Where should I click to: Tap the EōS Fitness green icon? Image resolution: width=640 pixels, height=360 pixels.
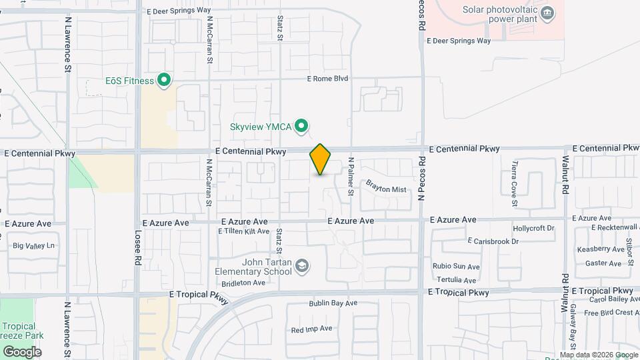point(164,81)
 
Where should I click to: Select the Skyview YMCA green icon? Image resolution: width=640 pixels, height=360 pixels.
point(301,125)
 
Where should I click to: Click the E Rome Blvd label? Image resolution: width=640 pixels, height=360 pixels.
point(327,79)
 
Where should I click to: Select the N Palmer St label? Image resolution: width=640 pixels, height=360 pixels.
point(351,177)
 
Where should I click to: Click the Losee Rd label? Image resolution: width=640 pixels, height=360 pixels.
point(138,250)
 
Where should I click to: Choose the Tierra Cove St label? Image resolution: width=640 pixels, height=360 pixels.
point(515,176)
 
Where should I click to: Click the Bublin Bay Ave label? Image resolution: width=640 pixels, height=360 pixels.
point(333,303)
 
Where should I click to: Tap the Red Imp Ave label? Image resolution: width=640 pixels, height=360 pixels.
point(311,329)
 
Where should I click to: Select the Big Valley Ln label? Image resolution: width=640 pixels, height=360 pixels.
point(33,245)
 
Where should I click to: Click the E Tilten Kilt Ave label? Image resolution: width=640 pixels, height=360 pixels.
point(243,231)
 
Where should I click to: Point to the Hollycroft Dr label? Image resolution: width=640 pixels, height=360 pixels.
point(533,228)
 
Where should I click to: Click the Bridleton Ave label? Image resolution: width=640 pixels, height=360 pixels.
point(244,283)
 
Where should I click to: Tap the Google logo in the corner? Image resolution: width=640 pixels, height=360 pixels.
point(21,351)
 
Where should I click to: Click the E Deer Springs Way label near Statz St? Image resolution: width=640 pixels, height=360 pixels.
point(178,11)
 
